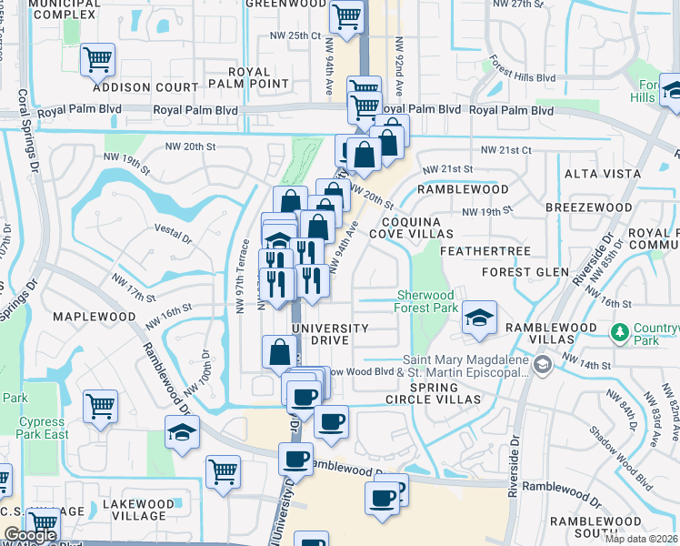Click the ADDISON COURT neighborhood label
coord(145,87)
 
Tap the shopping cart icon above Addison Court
coord(98,60)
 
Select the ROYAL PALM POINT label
coord(249,79)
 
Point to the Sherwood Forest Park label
coord(426,301)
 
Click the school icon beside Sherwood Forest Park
coord(478,318)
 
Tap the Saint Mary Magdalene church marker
coord(543,365)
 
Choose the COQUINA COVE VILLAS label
coord(411,227)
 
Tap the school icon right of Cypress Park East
coord(183,432)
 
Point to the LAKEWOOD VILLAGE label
coord(138,510)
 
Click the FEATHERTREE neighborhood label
coord(472,249)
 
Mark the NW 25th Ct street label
coord(295,35)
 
